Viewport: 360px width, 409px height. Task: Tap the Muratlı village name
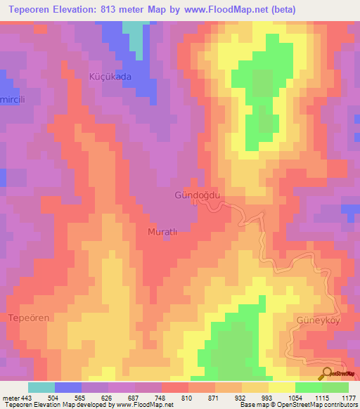click(x=165, y=231)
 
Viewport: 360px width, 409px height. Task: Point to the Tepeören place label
click(x=29, y=318)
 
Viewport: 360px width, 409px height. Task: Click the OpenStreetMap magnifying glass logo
click(x=326, y=374)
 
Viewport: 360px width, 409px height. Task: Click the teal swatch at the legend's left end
click(x=41, y=387)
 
